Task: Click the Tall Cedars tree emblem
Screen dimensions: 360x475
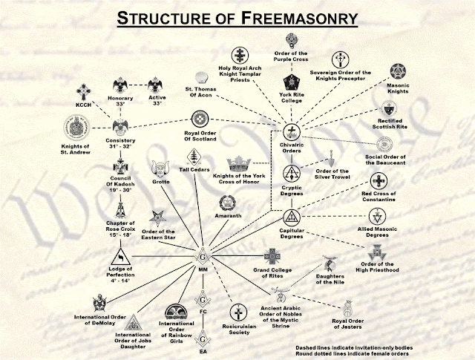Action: (x=195, y=157)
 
